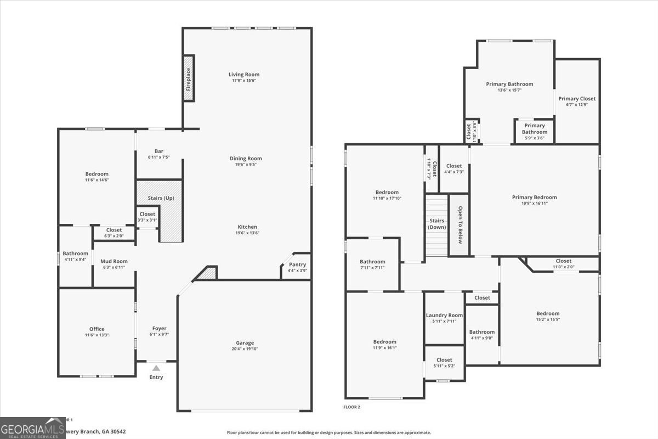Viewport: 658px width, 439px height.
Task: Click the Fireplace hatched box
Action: point(189,78)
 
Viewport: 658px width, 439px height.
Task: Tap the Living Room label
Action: point(244,75)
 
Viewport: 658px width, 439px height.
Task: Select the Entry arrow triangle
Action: point(156,368)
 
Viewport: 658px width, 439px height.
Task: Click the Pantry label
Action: point(297,264)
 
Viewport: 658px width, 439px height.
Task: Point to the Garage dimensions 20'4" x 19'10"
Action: point(245,349)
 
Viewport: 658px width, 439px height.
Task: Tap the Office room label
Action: point(97,329)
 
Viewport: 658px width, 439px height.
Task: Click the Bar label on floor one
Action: point(159,151)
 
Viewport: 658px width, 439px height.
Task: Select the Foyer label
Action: point(159,329)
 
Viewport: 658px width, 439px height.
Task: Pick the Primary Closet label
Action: point(577,99)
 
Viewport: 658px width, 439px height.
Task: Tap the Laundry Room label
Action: point(444,316)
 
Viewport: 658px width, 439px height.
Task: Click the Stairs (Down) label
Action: point(437,224)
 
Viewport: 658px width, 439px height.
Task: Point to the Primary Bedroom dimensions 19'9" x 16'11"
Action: point(534,203)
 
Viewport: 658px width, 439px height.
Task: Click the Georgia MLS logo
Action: point(33,427)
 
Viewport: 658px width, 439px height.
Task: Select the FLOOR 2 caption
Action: point(351,407)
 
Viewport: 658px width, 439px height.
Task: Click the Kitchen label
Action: point(247,227)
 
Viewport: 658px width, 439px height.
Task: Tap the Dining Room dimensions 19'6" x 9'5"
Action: point(246,165)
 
